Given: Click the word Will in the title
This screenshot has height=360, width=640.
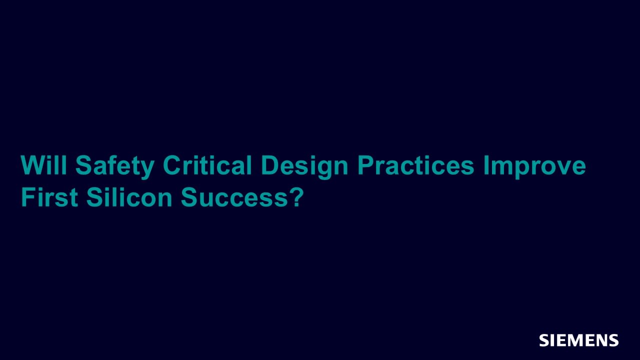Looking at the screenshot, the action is coord(43,165).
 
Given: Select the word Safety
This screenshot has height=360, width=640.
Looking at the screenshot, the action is coord(115,167).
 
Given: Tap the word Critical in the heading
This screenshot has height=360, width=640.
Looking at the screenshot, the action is coord(207,165).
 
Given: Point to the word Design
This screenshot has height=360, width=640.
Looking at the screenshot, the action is coord(304,167).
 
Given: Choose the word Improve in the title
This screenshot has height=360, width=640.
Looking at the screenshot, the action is coord(534,167).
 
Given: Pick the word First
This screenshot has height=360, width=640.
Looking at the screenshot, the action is coord(49,197).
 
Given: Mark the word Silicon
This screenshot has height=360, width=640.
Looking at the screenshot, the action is coord(129,197).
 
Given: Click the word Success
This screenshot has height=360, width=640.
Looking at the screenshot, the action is coord(234,197).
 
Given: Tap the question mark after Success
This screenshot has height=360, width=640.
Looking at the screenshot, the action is coord(295,197).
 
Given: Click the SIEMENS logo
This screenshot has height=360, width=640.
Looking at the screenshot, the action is coord(579,340).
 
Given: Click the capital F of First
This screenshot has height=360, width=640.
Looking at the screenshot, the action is coord(28,197).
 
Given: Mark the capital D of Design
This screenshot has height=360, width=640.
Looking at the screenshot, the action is coord(269,165).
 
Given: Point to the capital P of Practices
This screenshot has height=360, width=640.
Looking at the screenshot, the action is coord(365,165).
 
